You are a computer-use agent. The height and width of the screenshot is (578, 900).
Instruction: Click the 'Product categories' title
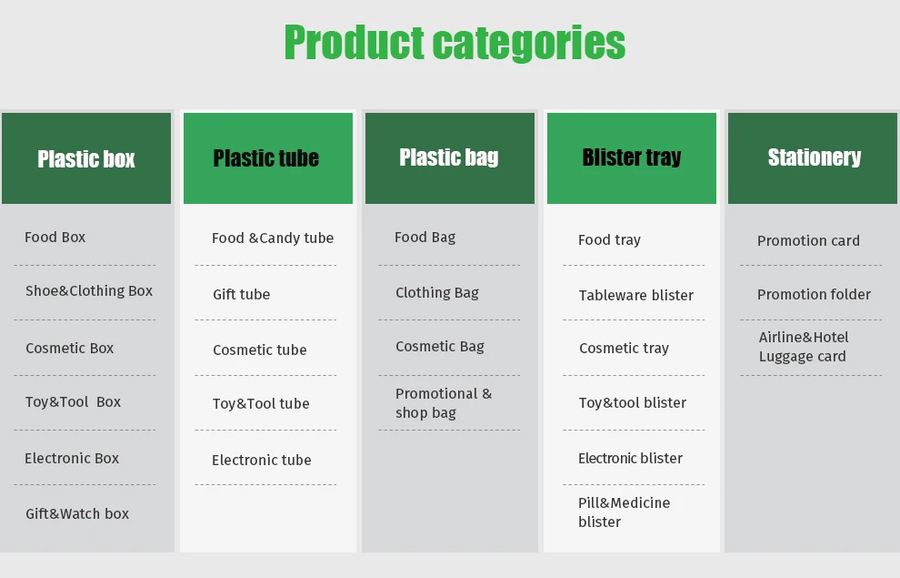point(455,43)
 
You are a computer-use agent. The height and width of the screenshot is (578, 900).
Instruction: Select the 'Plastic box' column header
point(86,158)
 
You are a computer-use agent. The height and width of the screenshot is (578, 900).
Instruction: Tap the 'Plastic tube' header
point(268,158)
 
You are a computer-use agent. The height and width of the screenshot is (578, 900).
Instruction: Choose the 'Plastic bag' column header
point(450,158)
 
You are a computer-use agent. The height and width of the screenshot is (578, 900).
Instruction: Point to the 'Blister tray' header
point(632,158)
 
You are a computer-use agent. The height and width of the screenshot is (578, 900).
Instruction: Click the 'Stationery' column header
point(813,158)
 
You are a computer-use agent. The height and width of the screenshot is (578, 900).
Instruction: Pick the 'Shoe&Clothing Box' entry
point(89,291)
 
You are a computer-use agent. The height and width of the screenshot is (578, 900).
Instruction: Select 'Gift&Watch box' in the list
point(77,513)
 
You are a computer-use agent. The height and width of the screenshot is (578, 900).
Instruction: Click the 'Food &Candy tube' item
point(273,238)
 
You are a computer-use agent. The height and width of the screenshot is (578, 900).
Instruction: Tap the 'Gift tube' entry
point(241,294)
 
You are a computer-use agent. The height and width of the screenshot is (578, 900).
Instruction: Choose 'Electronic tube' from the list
point(262,460)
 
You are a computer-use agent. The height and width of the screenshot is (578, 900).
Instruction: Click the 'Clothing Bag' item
point(436,293)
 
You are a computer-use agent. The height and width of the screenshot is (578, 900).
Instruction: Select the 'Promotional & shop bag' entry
point(443,402)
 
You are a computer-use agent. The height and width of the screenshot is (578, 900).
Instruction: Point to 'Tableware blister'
point(636,295)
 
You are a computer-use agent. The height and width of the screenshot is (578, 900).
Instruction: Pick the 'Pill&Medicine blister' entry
point(624,512)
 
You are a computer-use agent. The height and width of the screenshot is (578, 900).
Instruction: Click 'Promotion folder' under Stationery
point(814,294)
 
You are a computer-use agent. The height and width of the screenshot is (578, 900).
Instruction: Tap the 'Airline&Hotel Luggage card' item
point(804,347)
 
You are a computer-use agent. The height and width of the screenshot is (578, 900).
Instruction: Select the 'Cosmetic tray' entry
point(624,349)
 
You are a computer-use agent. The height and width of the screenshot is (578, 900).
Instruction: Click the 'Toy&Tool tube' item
point(261,403)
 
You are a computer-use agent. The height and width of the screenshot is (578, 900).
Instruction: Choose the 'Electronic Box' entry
point(72,458)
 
